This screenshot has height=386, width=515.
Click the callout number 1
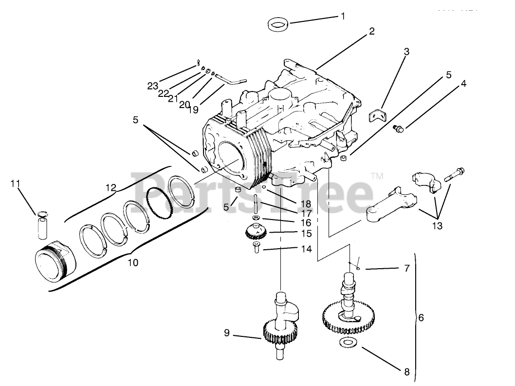pyautogui.click(x=343, y=16)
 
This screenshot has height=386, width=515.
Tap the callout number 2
pyautogui.click(x=371, y=32)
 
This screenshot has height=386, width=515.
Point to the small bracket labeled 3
pyautogui.click(x=375, y=116)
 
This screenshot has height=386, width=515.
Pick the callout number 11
pyautogui.click(x=16, y=184)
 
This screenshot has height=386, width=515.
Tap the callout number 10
pyautogui.click(x=132, y=263)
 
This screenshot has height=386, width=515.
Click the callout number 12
pyautogui.click(x=111, y=187)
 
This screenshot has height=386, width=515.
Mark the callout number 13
pyautogui.click(x=437, y=226)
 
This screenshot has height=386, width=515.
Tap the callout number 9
pyautogui.click(x=227, y=333)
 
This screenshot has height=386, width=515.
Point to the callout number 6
pyautogui.click(x=422, y=318)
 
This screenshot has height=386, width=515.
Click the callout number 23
pyautogui.click(x=153, y=86)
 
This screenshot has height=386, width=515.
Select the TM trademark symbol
pyautogui.click(x=376, y=175)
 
